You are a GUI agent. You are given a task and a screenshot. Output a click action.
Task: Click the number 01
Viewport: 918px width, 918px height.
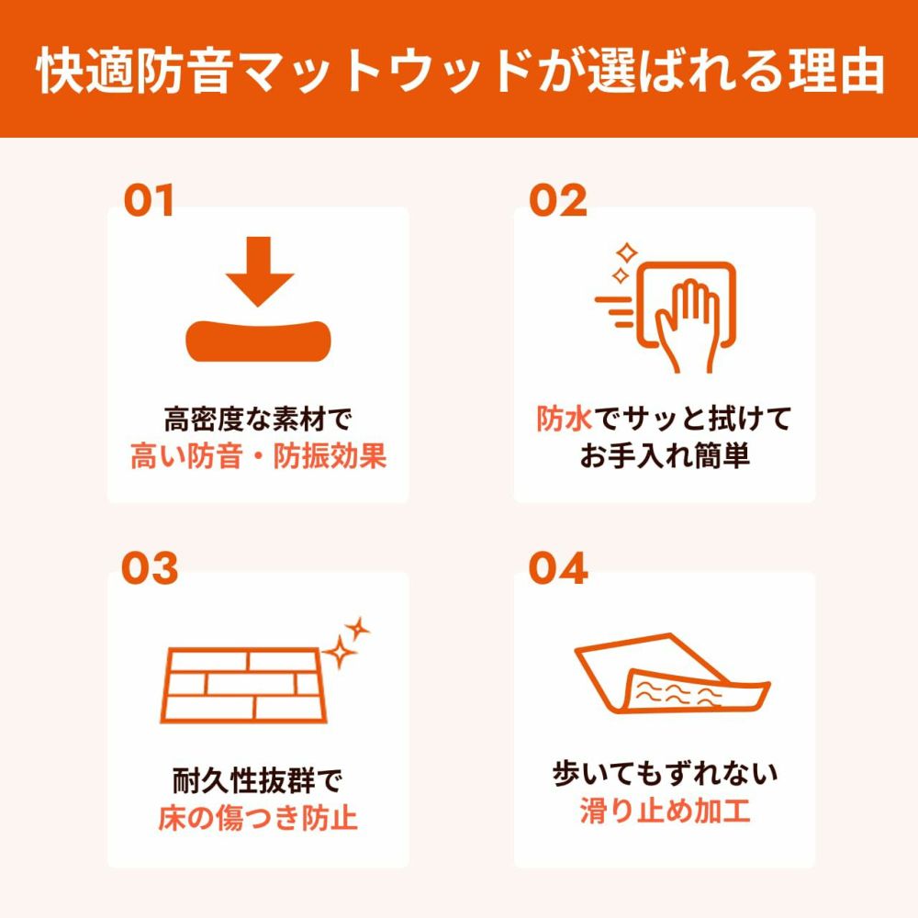(x=149, y=200)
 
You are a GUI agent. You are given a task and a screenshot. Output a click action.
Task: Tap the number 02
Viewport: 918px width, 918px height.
(x=557, y=200)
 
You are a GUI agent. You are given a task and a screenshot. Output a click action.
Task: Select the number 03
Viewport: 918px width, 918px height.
(x=150, y=568)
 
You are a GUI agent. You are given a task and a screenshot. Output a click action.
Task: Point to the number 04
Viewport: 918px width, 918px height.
(x=558, y=568)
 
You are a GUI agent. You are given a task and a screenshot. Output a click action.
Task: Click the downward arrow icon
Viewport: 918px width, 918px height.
(x=260, y=271)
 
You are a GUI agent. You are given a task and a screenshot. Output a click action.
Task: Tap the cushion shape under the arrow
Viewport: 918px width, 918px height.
(x=258, y=341)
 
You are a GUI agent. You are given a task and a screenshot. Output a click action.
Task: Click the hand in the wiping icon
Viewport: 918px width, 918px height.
(x=686, y=325)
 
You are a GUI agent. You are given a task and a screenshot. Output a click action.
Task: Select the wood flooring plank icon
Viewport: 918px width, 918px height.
(x=244, y=685)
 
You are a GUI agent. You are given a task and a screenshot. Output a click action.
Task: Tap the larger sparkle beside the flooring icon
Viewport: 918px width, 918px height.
(x=339, y=652)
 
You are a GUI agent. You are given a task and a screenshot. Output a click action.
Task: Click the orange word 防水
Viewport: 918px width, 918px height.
(x=564, y=419)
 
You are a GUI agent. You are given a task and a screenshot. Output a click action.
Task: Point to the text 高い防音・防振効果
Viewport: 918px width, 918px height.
(x=258, y=456)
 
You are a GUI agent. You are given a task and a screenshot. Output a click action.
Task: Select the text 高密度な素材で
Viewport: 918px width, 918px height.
(x=258, y=419)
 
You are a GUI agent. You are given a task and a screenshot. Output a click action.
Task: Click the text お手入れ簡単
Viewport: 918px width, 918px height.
(x=665, y=456)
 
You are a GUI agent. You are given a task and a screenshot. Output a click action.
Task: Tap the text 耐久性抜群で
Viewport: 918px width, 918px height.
(x=258, y=780)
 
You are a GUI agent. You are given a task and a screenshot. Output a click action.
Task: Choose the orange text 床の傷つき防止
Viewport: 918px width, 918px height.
(x=258, y=818)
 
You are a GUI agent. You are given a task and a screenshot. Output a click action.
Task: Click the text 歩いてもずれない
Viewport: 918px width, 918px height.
(x=665, y=773)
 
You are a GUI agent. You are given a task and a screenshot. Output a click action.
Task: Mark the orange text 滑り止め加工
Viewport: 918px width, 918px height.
(x=665, y=811)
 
